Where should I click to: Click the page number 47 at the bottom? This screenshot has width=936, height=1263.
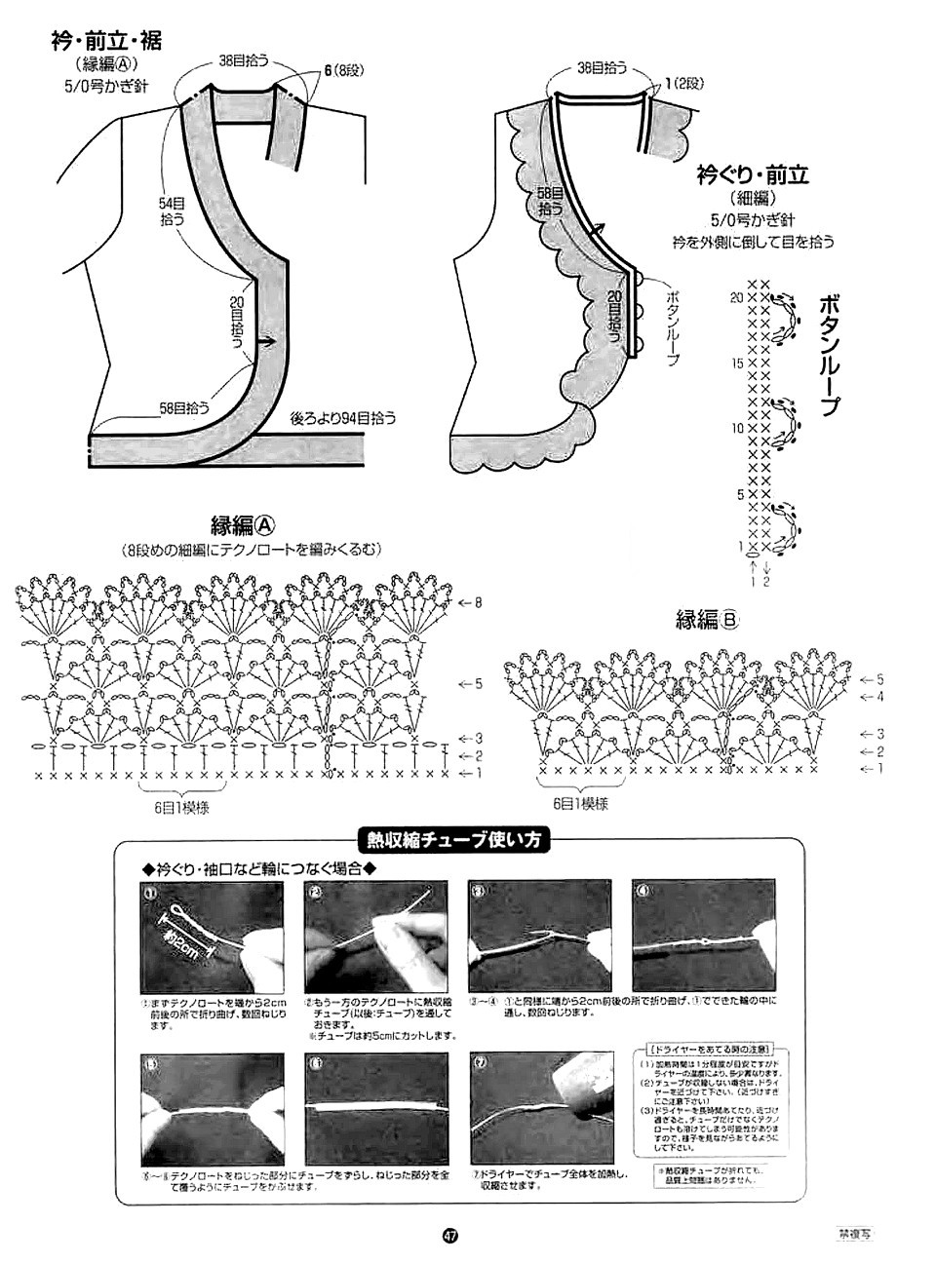pyautogui.click(x=449, y=1235)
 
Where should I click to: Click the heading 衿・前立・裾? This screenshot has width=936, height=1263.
pyautogui.click(x=106, y=42)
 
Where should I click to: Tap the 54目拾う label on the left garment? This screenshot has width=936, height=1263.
pyautogui.click(x=172, y=211)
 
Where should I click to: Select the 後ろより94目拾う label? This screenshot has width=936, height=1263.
pyautogui.click(x=344, y=419)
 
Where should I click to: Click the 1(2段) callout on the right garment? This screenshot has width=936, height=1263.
pyautogui.click(x=682, y=84)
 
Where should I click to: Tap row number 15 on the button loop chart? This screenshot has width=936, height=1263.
pyautogui.click(x=736, y=363)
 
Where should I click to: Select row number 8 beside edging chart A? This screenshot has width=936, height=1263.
pyautogui.click(x=478, y=603)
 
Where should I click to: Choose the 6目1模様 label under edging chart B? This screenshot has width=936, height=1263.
pyautogui.click(x=581, y=804)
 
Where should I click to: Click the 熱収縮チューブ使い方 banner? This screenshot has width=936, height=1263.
pyautogui.click(x=454, y=839)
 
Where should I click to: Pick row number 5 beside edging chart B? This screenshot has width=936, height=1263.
pyautogui.click(x=878, y=678)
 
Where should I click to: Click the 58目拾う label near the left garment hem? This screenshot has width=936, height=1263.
pyautogui.click(x=185, y=407)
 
